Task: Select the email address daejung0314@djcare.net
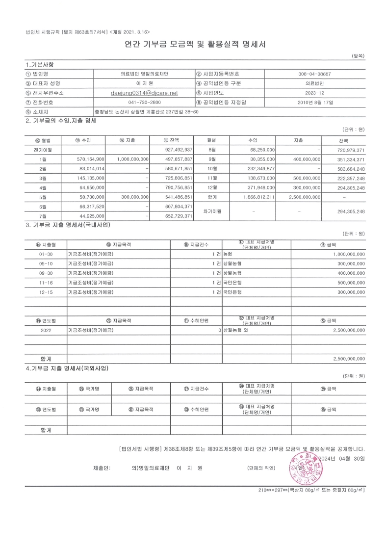coord(144,92)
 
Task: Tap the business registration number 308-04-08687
coord(314,74)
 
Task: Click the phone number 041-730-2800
coord(144,102)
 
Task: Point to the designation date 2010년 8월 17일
coord(314,102)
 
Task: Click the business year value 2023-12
coord(314,92)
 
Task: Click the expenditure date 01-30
coord(46,254)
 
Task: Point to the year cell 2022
coord(46,330)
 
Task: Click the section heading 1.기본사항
coord(40,65)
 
